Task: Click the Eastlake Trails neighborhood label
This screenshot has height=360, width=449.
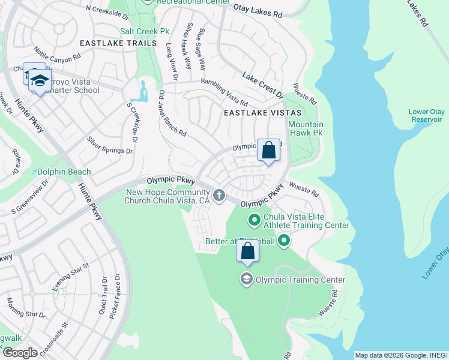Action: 118,43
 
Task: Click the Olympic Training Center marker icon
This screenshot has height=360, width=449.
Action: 246,279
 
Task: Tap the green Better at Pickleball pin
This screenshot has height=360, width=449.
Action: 284,241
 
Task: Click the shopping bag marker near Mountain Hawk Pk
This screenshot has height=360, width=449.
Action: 268,150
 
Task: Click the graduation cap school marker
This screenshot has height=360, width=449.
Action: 40,81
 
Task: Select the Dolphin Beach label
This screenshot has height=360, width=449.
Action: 64,172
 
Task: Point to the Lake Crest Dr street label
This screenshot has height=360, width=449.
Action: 262,85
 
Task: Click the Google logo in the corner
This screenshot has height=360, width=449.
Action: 20,353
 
